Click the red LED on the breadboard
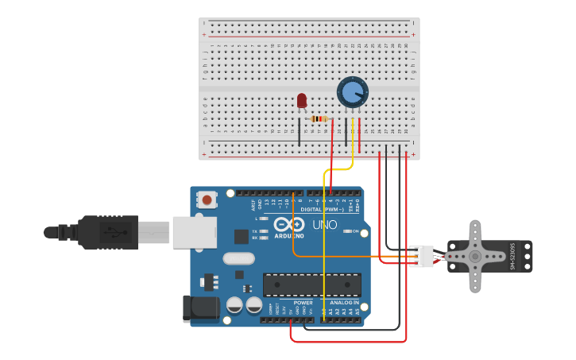click(301, 100)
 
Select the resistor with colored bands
click(319, 119)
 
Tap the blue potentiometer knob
click(352, 92)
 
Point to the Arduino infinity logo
click(289, 226)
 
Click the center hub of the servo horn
click(475, 256)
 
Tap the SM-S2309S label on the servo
click(512, 256)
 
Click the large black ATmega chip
click(312, 285)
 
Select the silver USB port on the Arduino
click(194, 232)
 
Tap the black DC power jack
click(201, 309)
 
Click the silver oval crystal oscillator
click(238, 258)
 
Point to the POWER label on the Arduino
click(303, 303)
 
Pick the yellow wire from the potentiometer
click(324, 238)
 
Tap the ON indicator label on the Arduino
click(355, 232)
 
